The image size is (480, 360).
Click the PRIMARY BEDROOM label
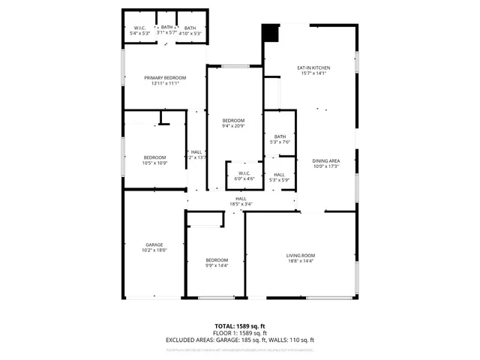coord(165,78)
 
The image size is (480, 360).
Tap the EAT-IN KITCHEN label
coord(314,68)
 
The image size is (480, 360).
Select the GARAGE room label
coord(154,244)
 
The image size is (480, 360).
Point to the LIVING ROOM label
coord(300,256)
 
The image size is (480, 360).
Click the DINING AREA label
coord(326,160)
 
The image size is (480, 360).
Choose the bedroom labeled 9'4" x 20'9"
coord(233,121)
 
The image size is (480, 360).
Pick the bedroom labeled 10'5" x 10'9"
coord(154,157)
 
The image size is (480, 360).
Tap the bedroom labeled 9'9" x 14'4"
coord(217,260)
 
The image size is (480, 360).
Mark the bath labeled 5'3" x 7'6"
coord(280,136)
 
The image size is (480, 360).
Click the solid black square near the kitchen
coord(269,33)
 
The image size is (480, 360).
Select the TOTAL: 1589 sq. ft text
coord(240,326)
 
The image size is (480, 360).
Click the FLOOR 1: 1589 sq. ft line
coord(240,333)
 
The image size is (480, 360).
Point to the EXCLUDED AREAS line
coord(240,340)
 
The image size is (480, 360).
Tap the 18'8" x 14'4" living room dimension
coord(300,261)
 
